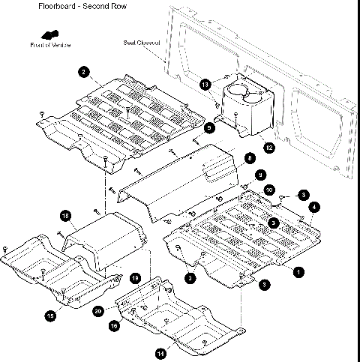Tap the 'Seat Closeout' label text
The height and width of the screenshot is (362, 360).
coord(142,43)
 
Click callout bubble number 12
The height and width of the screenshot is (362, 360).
coord(268,148)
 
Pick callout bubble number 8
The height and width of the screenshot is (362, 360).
coord(249,159)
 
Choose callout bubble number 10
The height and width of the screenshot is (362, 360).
coord(269,190)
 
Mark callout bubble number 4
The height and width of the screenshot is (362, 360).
coord(313,206)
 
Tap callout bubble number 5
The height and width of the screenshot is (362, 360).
coord(274,223)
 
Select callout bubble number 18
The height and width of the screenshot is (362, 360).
coord(65,217)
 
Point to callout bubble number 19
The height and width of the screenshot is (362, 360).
coord(135,278)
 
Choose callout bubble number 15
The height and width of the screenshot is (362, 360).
coord(50,316)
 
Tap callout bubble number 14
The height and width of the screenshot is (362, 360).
coord(160,352)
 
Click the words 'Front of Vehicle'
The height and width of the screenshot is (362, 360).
coord(52,46)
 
